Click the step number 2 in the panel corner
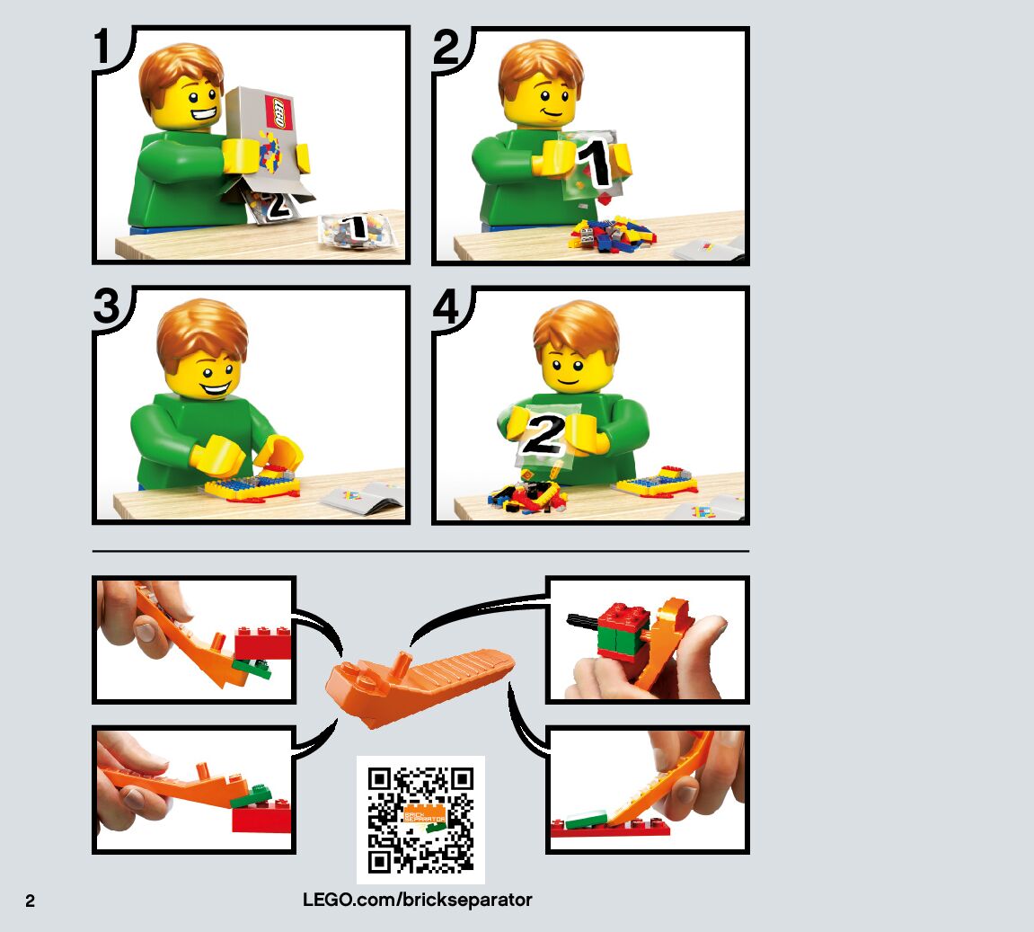tap(446, 48)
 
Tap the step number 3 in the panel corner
tap(107, 306)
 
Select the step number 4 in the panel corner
tap(446, 306)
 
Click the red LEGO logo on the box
tap(278, 112)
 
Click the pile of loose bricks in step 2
tap(611, 235)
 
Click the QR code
tap(420, 820)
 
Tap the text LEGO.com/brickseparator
tap(418, 900)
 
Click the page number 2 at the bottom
tap(30, 901)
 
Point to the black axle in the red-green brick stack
tap(583, 620)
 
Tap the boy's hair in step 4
tap(575, 330)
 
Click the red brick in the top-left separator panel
tap(263, 644)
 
